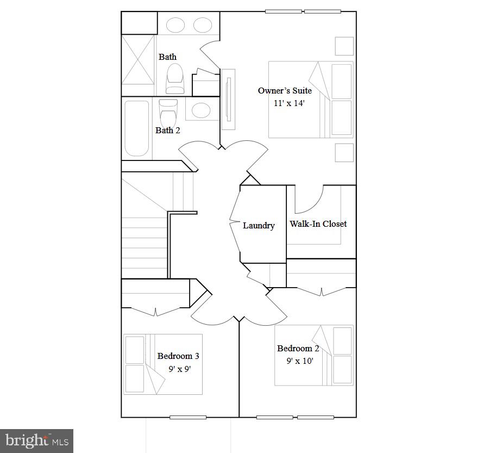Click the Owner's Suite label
285,91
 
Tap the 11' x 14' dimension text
285,103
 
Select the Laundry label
259,226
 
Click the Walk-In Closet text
318,224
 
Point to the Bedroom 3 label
178,356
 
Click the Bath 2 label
167,130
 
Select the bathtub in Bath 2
136,128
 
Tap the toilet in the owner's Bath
175,79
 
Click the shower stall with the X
138,60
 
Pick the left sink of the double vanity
175,25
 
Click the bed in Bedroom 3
163,364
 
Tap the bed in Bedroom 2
313,355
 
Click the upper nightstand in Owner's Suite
344,46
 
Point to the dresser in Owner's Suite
228,100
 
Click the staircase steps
144,239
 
